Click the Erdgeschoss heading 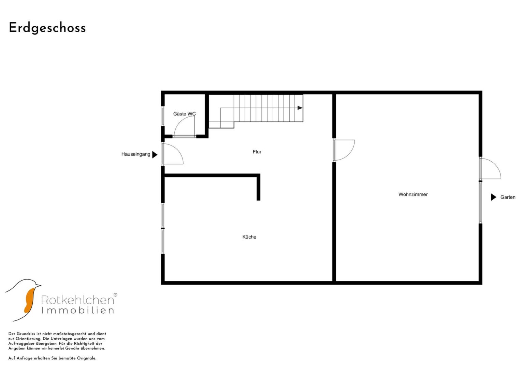pos(47,28)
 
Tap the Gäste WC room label pos(185,114)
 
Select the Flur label pos(257,152)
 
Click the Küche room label pos(249,237)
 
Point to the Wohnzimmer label pos(413,194)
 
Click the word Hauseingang pos(136,154)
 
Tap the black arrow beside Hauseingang pos(155,155)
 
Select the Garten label pos(508,197)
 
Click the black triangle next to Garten pos(494,197)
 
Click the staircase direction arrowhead pos(300,108)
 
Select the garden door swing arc pos(495,165)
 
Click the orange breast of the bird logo pos(30,300)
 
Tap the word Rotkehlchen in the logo pos(78,300)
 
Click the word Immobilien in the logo pos(78,310)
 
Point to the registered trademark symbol pos(115,295)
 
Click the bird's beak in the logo pos(39,285)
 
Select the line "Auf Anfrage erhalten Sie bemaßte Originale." pos(52,358)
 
